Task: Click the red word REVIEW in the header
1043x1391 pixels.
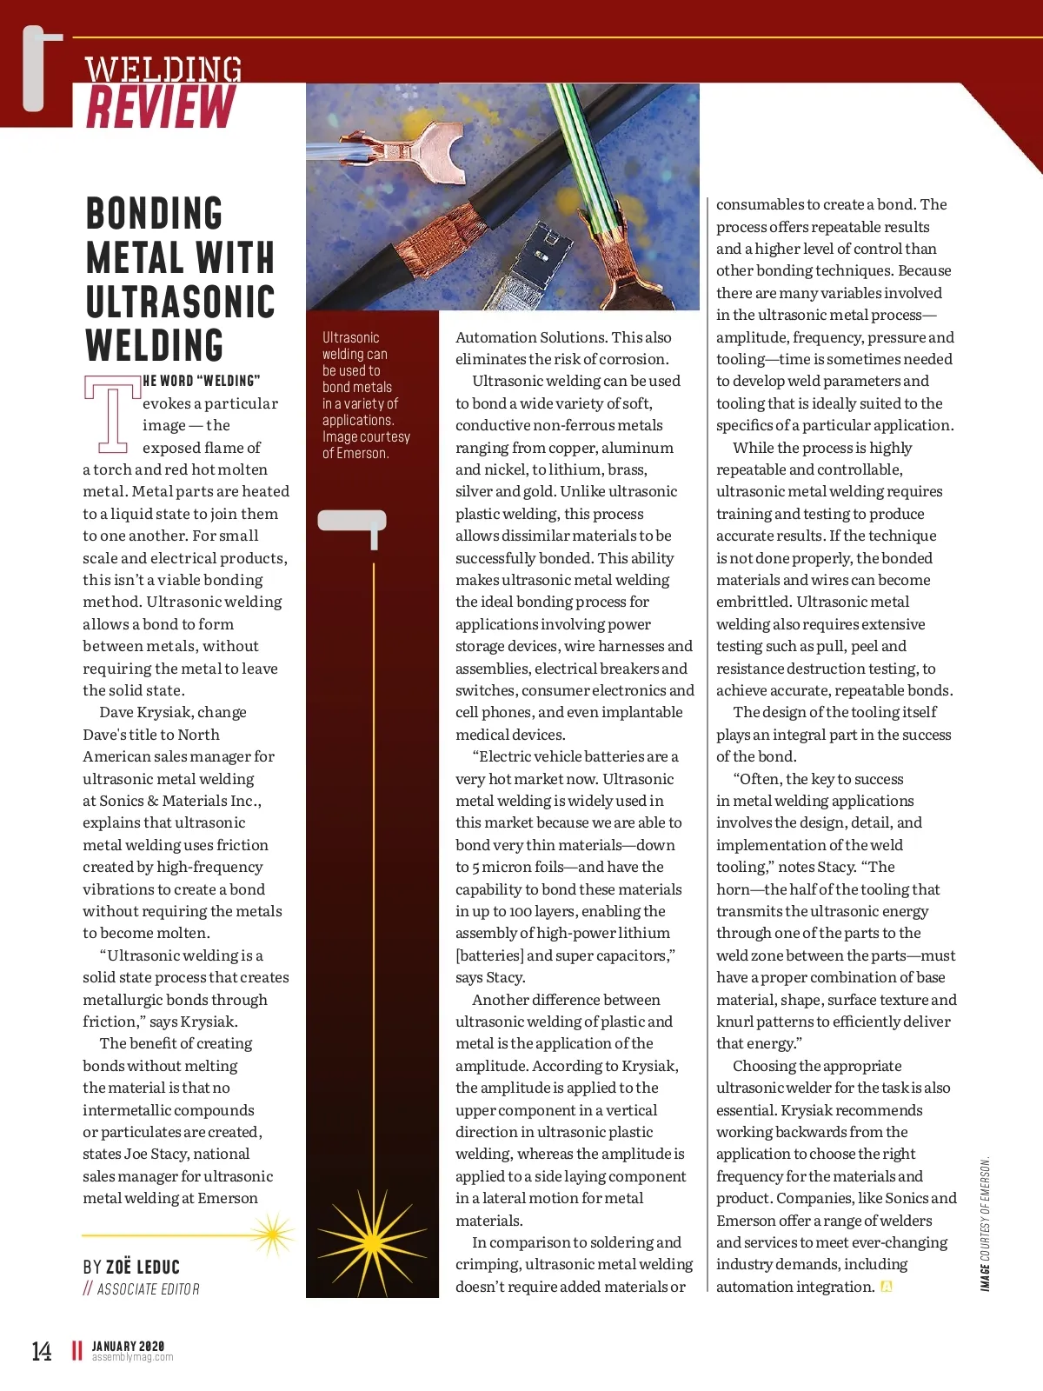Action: point(161,107)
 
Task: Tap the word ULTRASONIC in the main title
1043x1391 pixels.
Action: point(180,302)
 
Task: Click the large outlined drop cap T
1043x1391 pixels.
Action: point(112,414)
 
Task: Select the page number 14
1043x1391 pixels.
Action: point(41,1350)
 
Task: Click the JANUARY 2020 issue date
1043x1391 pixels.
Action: point(128,1346)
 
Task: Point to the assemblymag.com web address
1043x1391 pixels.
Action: point(133,1357)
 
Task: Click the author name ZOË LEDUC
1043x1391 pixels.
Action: point(143,1267)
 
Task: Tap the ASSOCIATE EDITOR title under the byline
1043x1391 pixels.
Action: point(148,1289)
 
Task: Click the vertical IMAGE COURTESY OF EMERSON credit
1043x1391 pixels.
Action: point(985,1223)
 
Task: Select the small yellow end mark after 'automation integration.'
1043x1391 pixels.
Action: point(887,1287)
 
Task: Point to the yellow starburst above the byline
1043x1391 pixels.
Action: point(272,1235)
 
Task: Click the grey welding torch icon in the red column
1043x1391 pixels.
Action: point(353,525)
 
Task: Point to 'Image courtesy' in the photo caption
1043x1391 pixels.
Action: point(366,436)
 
